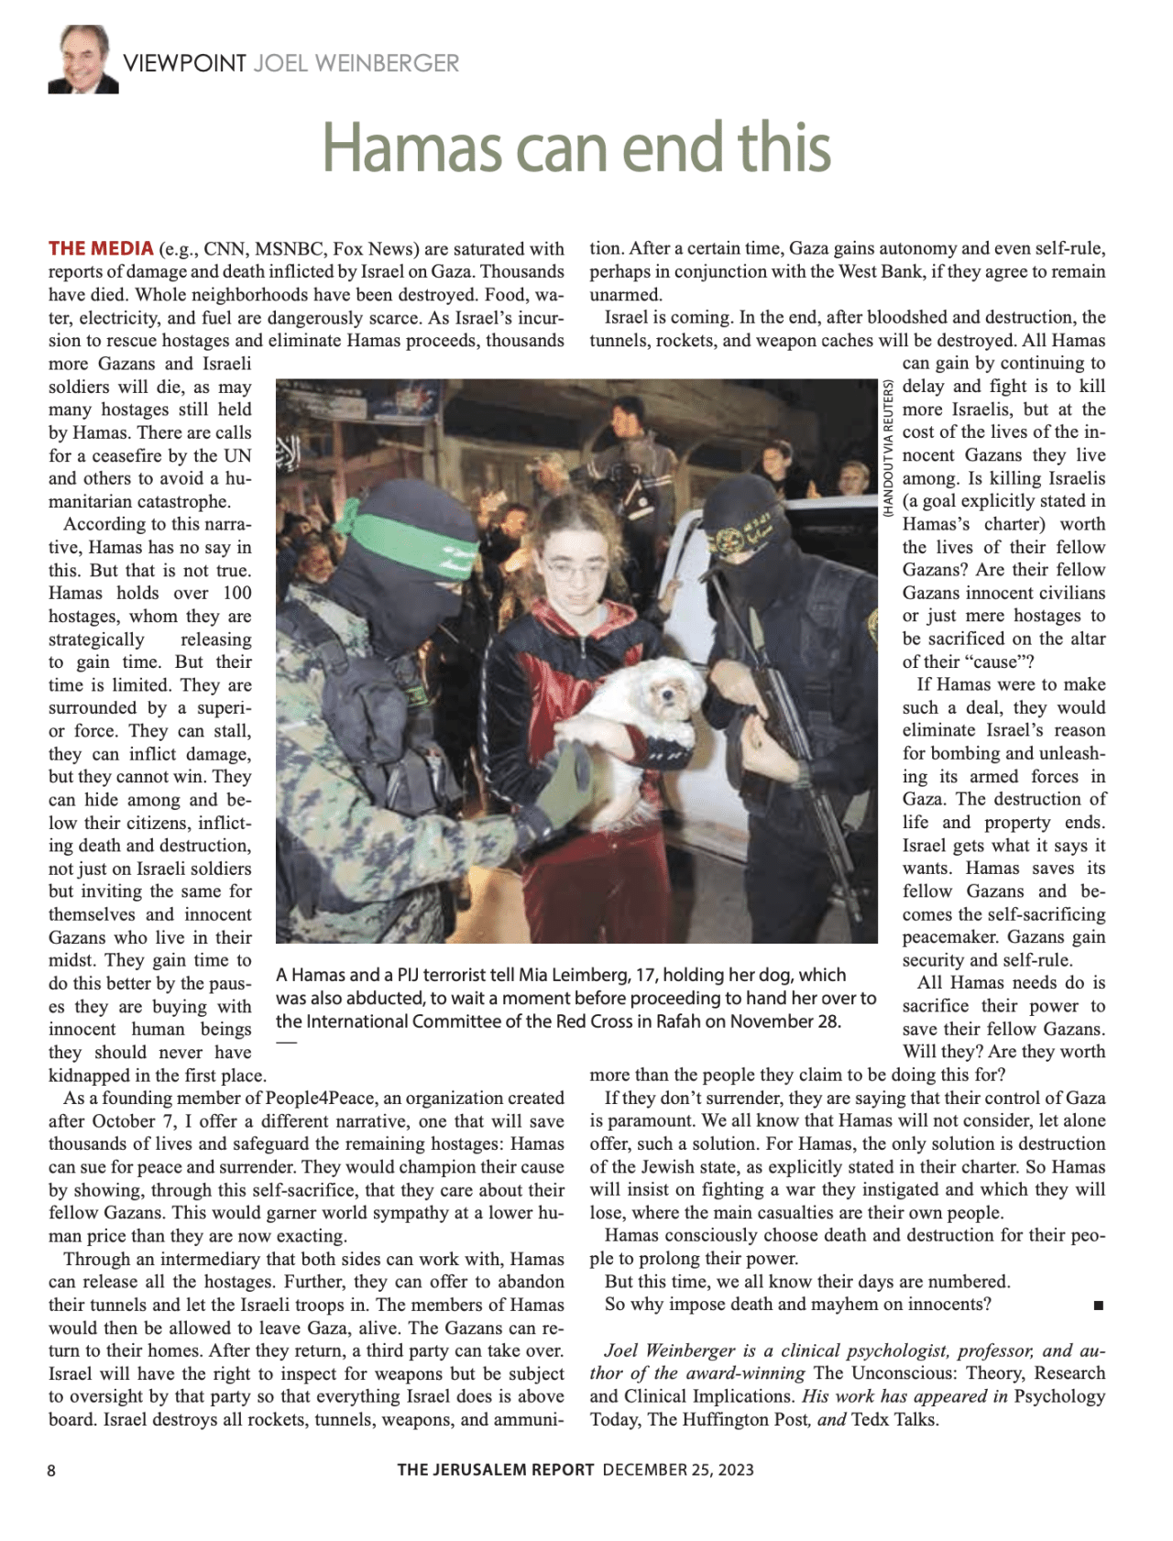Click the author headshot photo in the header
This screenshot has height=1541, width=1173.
[83, 60]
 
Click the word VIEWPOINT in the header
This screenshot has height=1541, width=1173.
[184, 63]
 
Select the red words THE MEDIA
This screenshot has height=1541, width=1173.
[101, 248]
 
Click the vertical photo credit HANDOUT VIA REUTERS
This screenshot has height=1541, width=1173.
[888, 450]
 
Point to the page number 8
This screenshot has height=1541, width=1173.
[51, 1470]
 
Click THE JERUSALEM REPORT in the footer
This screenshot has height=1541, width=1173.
[496, 1470]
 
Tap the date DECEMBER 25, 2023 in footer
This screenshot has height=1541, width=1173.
[678, 1470]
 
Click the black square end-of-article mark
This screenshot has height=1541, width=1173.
[1098, 1306]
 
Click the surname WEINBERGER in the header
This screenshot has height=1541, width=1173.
[356, 63]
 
